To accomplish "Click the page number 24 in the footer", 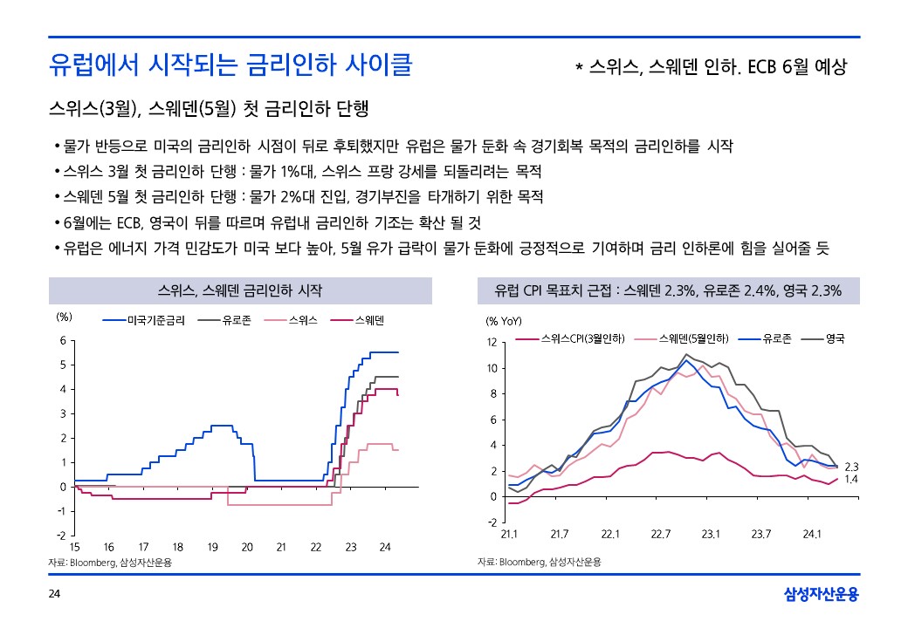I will (53, 595).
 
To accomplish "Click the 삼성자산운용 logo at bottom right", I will (822, 595).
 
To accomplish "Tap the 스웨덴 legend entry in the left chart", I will (365, 320).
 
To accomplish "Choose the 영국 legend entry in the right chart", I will (835, 337).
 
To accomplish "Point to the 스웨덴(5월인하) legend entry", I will (695, 337).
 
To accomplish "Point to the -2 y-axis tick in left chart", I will (60, 535).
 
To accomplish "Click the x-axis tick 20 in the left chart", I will (247, 547).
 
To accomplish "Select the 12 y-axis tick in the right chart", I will (492, 343).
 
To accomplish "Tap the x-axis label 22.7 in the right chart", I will (661, 534).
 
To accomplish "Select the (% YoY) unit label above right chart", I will (504, 321).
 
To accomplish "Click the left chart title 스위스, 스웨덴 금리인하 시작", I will (240, 290).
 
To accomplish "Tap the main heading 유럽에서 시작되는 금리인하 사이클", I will (230, 65).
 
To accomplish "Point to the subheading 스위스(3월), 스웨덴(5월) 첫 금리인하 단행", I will (210, 110).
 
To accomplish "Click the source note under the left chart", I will (110, 563).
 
